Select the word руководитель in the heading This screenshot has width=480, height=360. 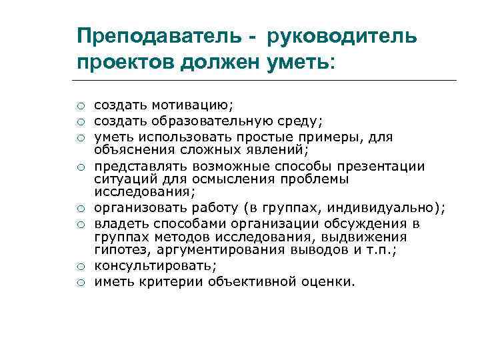pyautogui.click(x=343, y=35)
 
